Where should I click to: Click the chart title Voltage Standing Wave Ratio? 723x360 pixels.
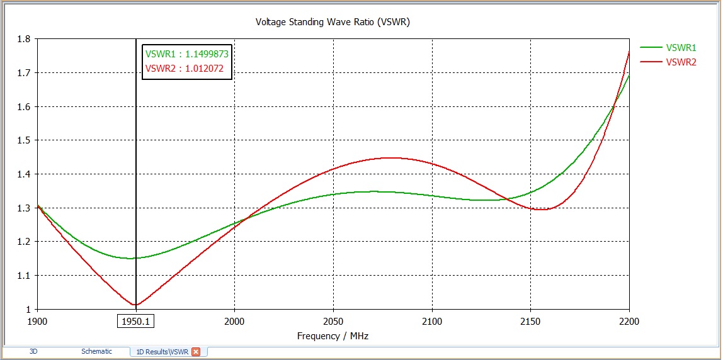point(333,22)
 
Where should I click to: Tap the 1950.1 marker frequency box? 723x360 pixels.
point(136,322)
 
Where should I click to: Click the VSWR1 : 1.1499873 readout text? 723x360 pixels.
point(187,54)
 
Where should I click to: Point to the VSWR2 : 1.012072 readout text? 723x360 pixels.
point(185,69)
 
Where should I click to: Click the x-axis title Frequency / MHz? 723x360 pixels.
point(333,336)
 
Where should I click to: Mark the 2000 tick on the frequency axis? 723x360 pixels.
point(234,322)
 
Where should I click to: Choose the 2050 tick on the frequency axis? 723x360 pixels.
point(333,322)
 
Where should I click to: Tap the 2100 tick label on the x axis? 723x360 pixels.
point(432,322)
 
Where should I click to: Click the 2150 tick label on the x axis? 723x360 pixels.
point(530,322)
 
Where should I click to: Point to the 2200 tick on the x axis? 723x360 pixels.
point(629,322)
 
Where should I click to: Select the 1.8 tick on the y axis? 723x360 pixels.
point(25,39)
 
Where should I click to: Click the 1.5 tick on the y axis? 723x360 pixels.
point(25,140)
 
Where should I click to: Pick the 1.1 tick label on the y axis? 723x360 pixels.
point(25,276)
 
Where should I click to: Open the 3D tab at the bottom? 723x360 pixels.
point(34,351)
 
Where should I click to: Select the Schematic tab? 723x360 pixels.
point(96,351)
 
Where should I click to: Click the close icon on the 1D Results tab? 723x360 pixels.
point(196,352)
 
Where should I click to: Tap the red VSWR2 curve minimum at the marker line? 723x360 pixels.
point(136,305)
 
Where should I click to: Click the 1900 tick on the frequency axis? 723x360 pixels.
point(38,322)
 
